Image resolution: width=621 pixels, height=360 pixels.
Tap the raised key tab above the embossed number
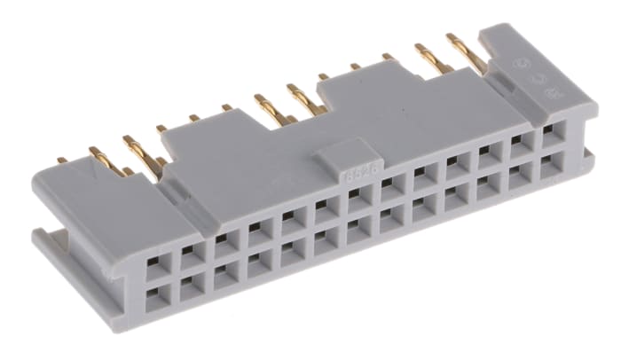coord(337,157)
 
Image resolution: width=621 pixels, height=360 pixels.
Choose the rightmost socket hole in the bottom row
coord(552,162)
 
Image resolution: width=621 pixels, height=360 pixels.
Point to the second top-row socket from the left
coord(187,253)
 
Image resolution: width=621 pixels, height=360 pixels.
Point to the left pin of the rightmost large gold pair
coord(429,59)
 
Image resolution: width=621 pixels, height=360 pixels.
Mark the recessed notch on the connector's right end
coord(586,159)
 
